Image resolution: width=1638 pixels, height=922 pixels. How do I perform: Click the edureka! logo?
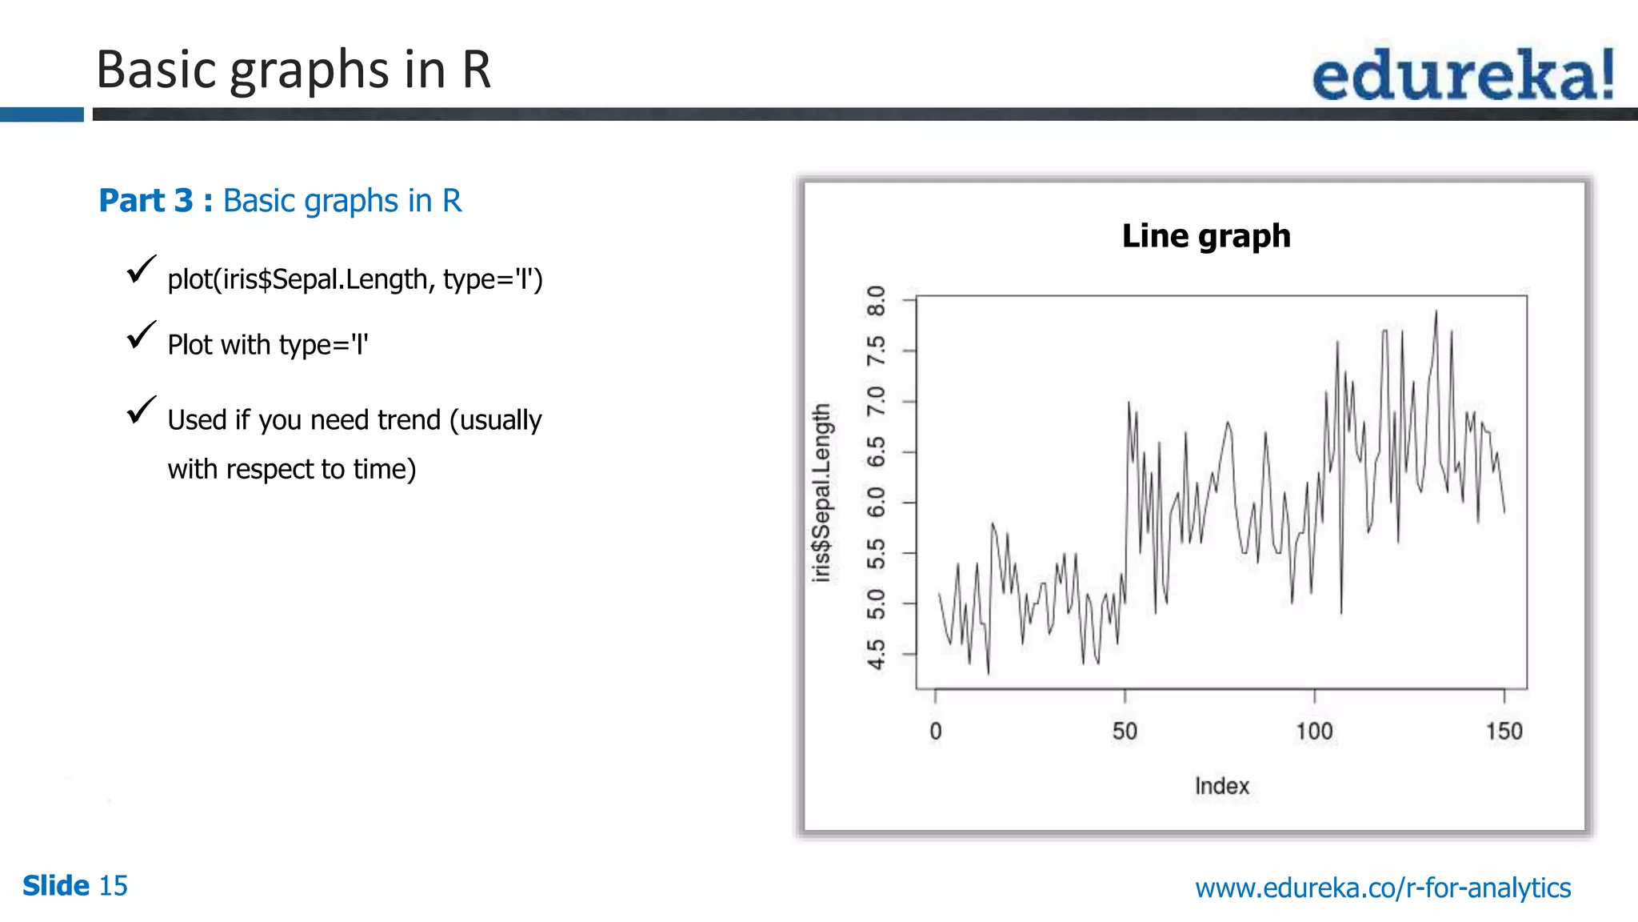1463,74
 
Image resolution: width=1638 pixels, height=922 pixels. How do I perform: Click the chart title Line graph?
1206,236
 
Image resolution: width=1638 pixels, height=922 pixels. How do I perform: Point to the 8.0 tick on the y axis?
877,301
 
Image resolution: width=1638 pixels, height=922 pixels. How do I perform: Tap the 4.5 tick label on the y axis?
877,654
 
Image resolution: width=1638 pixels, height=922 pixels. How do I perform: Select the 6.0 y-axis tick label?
877,503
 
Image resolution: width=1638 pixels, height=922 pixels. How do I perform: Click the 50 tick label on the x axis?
1125,731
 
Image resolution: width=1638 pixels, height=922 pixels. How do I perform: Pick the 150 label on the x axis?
1504,731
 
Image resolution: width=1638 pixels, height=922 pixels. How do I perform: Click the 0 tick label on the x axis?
936,731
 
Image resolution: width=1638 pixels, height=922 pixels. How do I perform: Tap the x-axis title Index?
1221,786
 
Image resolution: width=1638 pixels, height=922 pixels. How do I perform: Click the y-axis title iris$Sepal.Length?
821,492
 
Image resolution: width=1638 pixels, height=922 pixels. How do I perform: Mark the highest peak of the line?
1436,311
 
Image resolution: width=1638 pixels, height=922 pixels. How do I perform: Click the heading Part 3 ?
155,201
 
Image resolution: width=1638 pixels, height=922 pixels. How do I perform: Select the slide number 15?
113,886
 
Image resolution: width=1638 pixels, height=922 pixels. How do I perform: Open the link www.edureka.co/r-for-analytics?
1383,888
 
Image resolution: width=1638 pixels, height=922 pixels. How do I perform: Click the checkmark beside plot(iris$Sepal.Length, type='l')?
141,270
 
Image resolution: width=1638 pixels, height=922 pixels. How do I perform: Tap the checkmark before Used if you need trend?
141,411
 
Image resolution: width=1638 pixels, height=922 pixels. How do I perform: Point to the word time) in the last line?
385,469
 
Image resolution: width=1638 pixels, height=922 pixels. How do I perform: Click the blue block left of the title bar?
42,114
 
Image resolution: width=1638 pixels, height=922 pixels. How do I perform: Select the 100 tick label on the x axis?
1314,731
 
